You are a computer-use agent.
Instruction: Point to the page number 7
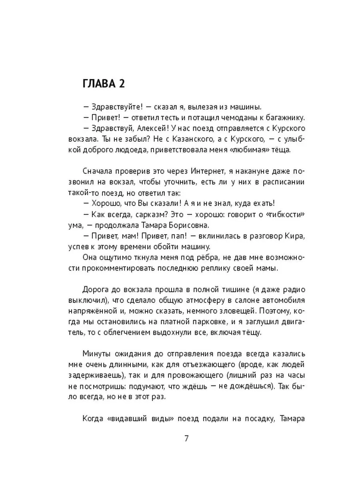click(x=186, y=438)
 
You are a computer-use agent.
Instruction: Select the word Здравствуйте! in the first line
click(x=114, y=107)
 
